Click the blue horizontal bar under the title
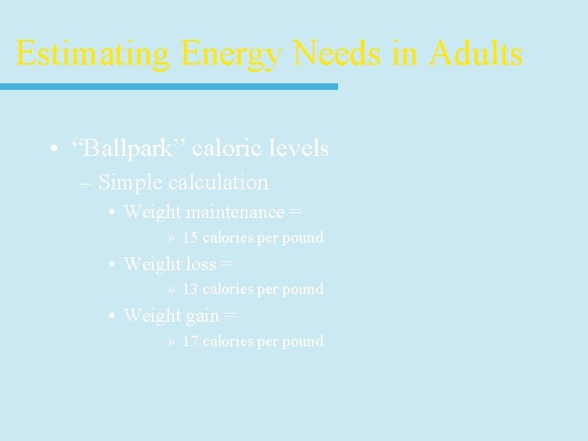(168, 86)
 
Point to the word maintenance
(235, 212)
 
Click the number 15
(190, 238)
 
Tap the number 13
(190, 289)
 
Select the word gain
(203, 316)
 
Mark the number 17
(190, 341)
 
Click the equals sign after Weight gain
(231, 316)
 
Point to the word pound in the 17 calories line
(303, 341)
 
